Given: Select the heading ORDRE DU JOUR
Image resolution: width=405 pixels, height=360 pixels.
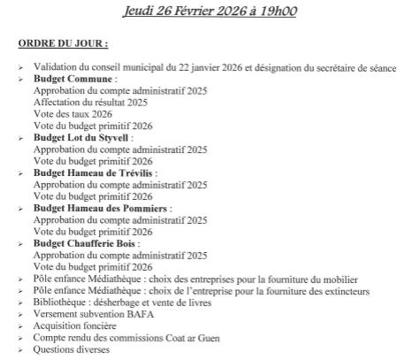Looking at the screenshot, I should (x=62, y=42).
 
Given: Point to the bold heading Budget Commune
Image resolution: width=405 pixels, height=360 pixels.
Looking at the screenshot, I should (x=74, y=79).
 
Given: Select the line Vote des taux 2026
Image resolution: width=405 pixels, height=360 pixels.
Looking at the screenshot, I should (x=73, y=114).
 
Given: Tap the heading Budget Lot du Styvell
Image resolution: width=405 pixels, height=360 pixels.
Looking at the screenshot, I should (x=82, y=138).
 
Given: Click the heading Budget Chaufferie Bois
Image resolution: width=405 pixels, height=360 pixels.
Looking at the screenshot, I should (x=86, y=243).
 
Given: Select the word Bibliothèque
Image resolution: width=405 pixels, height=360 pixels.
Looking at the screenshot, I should (x=61, y=303).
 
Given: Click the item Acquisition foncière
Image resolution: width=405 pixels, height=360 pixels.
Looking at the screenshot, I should (x=76, y=326).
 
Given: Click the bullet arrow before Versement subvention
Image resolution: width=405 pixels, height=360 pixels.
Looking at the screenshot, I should (x=21, y=315).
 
